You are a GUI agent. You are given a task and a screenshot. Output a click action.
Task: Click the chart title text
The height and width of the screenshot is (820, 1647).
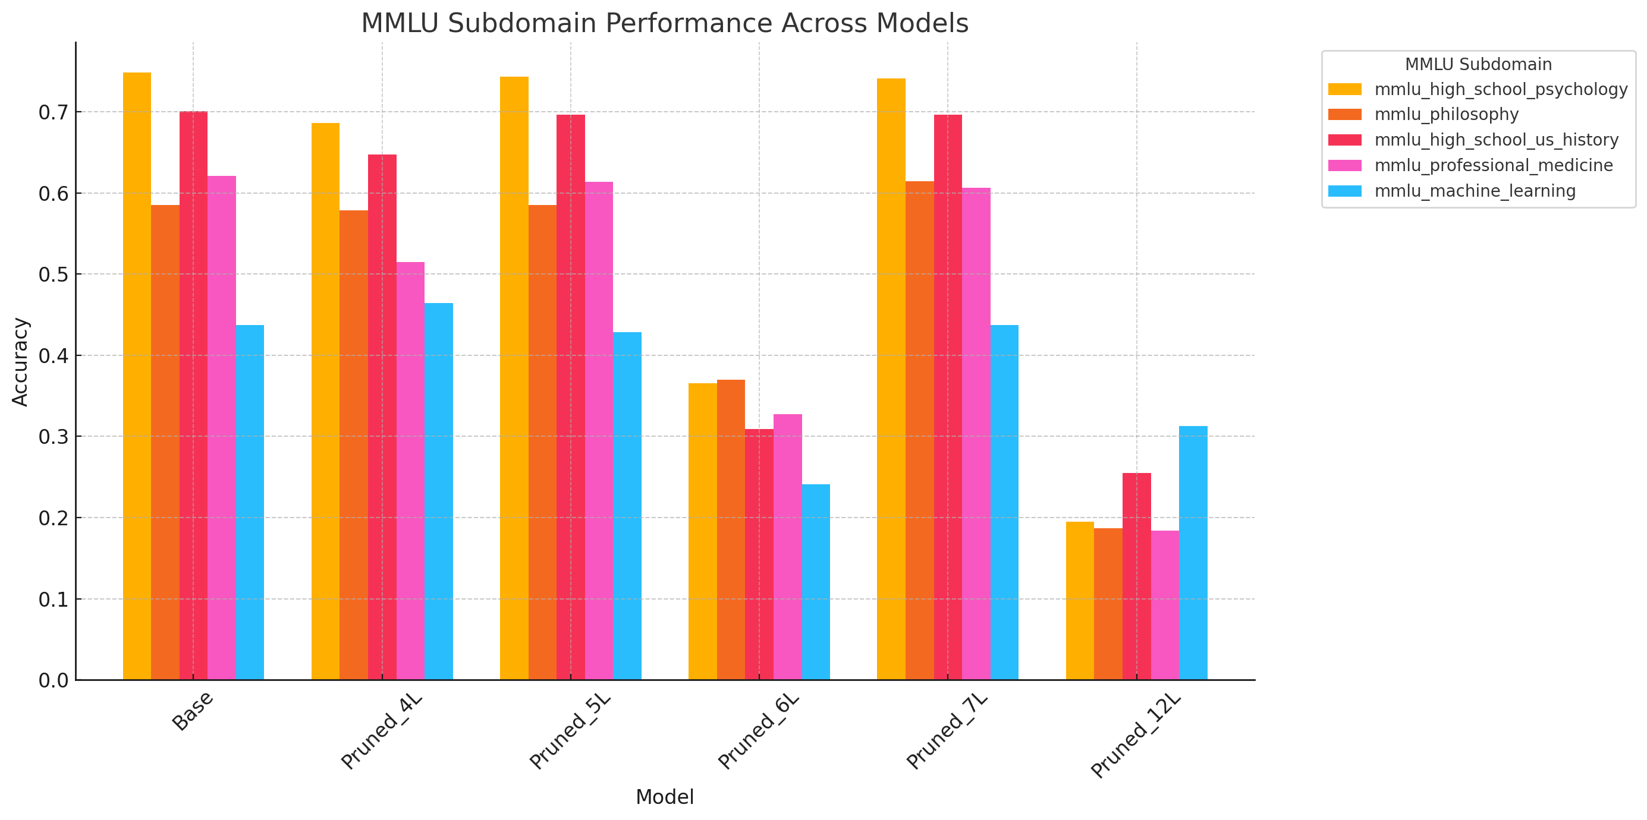(664, 23)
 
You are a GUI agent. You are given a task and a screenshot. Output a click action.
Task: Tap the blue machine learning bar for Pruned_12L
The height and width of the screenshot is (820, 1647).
(1193, 553)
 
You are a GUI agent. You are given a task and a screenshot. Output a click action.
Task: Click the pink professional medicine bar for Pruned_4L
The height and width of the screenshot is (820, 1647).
(410, 471)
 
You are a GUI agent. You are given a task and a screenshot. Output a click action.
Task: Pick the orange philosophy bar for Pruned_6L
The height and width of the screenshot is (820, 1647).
(731, 530)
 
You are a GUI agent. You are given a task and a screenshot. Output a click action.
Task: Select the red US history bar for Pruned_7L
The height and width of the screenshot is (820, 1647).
(948, 397)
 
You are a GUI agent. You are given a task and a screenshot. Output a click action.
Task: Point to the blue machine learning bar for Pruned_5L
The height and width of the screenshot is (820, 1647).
(627, 506)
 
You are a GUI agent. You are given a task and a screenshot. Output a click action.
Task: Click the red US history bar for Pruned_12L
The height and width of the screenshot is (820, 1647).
(1136, 576)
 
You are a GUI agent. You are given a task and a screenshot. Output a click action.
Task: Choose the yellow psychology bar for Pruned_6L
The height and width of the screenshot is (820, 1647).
(702, 531)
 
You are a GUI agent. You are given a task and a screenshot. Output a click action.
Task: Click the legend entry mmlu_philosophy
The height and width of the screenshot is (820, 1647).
(1446, 115)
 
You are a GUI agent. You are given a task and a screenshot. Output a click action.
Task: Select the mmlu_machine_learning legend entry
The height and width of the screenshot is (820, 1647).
(1475, 191)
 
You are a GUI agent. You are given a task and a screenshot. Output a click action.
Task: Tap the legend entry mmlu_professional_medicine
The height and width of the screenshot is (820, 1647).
(1493, 166)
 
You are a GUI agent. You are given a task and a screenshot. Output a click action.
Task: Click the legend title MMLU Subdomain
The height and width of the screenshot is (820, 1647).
(1478, 65)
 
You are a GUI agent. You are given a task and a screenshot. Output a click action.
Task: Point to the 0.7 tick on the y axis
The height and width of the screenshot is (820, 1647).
(53, 112)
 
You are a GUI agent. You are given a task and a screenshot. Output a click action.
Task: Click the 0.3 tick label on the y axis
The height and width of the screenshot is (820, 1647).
(53, 437)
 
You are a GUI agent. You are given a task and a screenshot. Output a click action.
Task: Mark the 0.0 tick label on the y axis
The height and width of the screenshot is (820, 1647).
(53, 681)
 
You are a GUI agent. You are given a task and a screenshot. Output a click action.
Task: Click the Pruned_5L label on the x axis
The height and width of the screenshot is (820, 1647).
(570, 732)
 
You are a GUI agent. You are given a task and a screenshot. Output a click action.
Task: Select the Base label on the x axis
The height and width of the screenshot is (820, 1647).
(193, 711)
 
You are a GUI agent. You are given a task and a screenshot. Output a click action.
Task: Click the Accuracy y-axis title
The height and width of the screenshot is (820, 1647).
(20, 362)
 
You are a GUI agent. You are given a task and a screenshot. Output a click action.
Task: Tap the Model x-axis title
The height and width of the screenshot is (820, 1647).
(664, 797)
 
